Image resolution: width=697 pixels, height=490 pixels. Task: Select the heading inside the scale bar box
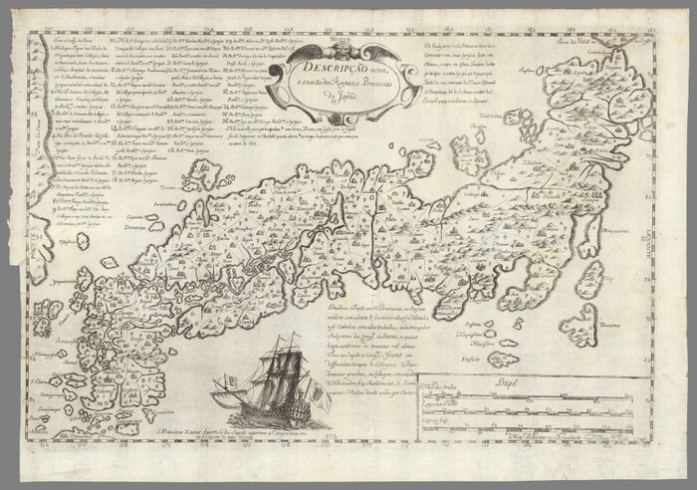(529, 381)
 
